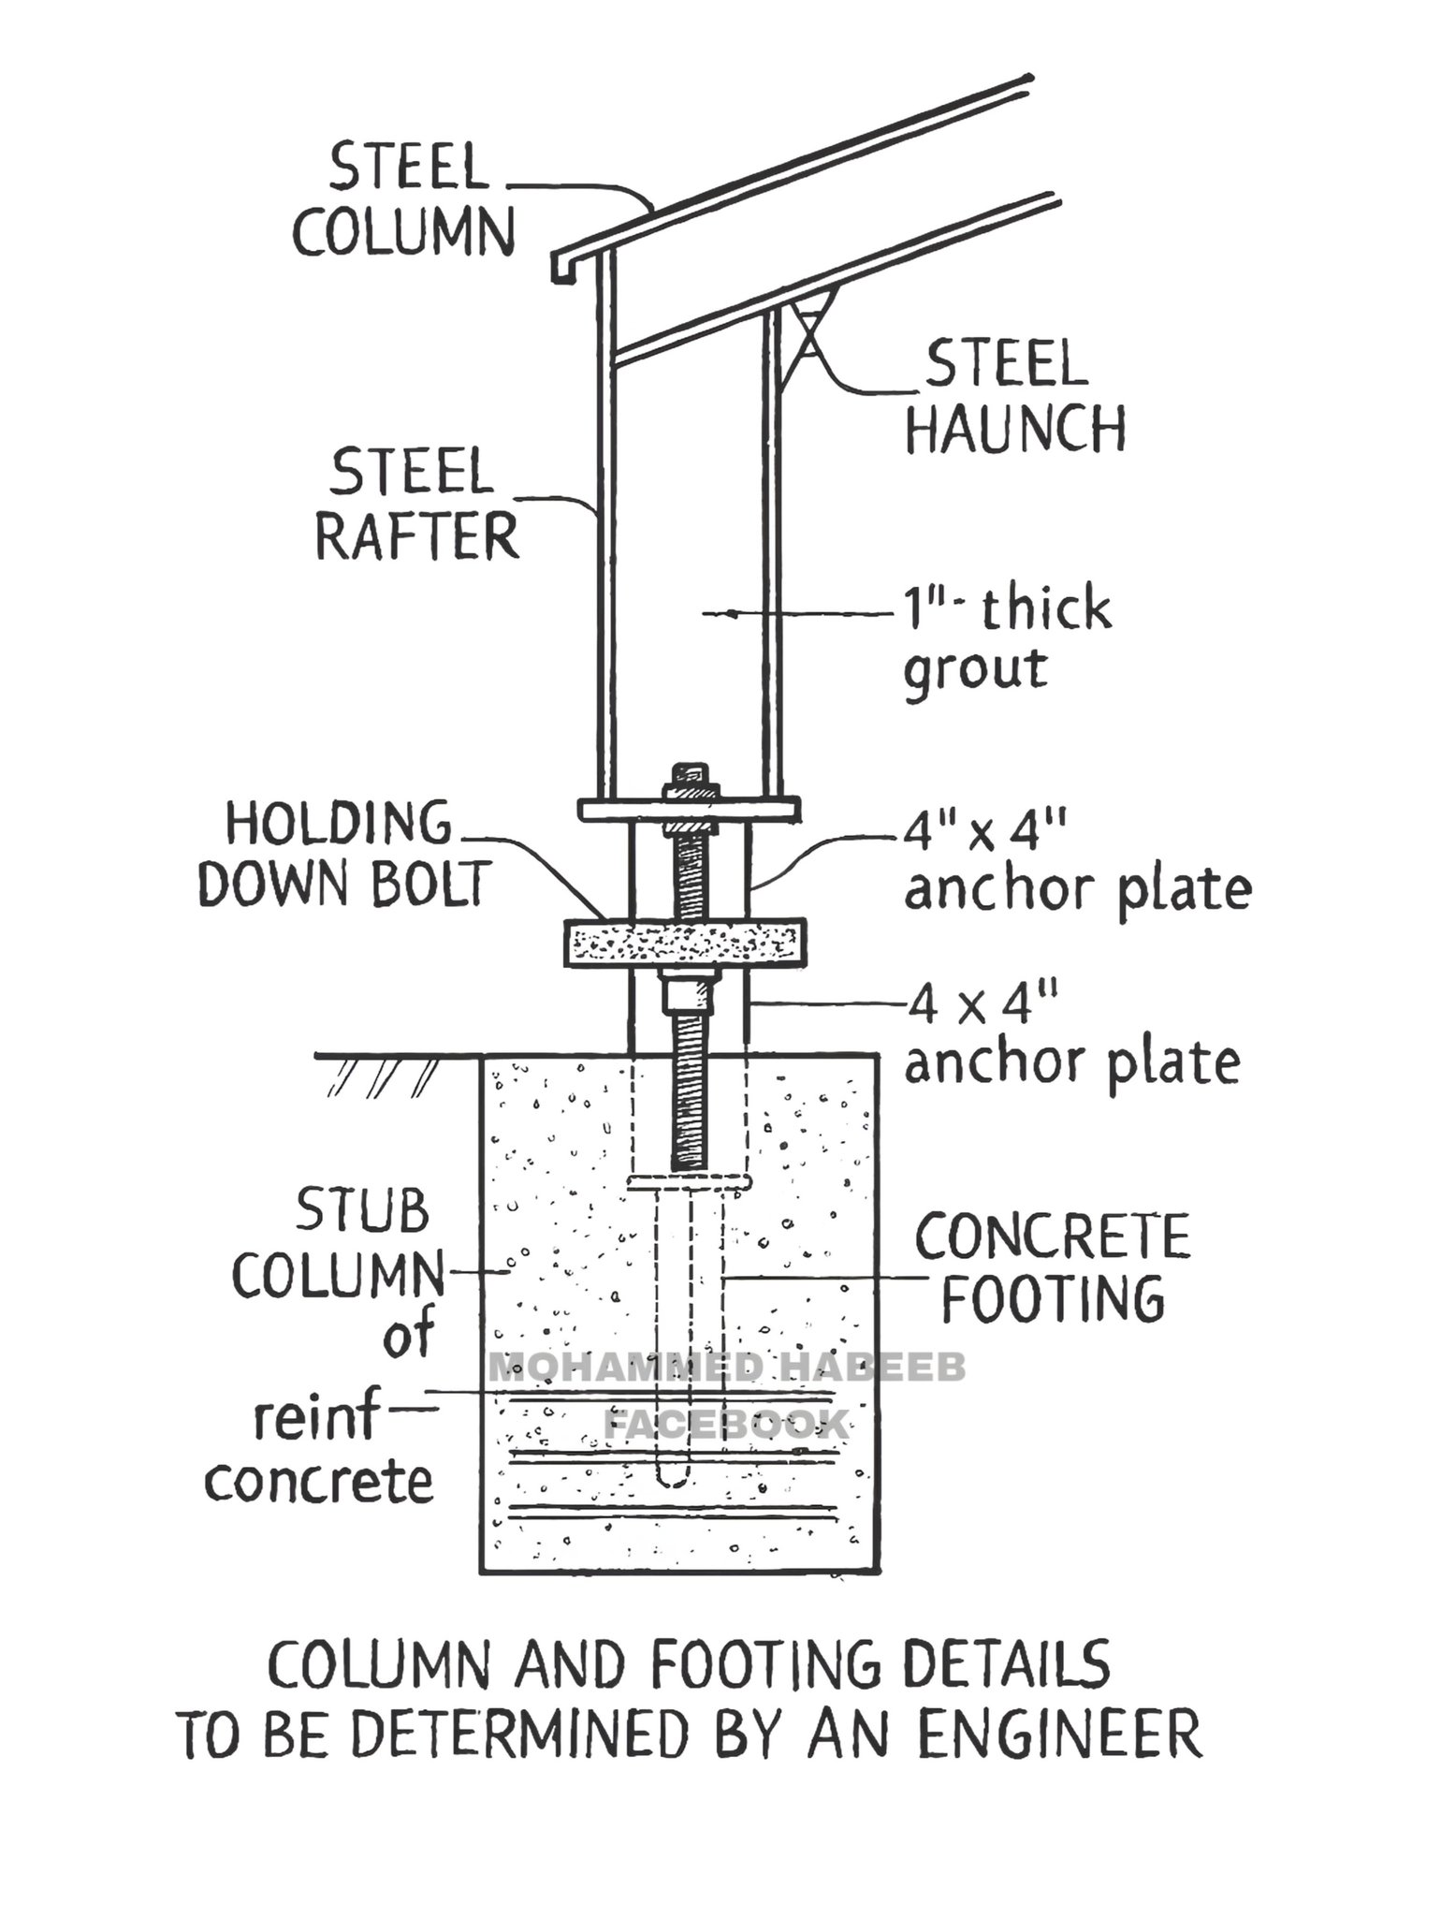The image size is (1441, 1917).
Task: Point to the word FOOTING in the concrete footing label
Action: tap(1053, 1297)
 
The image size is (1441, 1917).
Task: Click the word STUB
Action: tap(362, 1210)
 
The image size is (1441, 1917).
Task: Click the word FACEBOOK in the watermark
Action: tap(726, 1425)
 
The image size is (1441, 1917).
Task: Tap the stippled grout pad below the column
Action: tap(684, 943)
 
